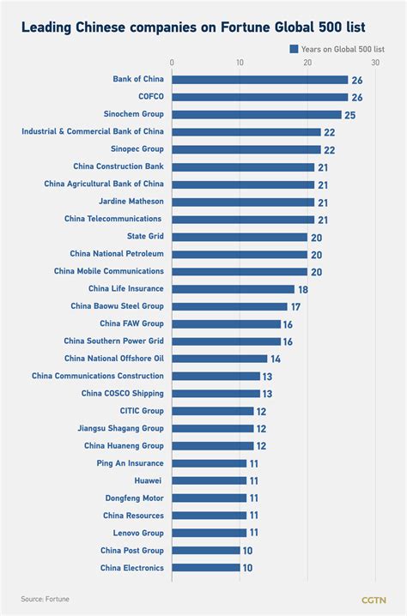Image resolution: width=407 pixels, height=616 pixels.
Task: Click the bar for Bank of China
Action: [x=260, y=80]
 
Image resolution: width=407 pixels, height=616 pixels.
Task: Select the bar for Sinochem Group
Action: [x=257, y=114]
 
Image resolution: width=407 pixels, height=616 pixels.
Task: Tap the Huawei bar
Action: [x=210, y=480]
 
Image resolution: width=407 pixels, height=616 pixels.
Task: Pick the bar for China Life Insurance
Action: [x=233, y=289]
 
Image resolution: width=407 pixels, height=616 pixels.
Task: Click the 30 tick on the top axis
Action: [x=375, y=63]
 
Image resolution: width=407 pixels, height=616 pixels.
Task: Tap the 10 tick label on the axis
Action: [x=240, y=63]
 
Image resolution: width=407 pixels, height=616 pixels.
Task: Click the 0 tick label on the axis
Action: [x=173, y=63]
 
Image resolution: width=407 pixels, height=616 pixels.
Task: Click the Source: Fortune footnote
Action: [x=46, y=598]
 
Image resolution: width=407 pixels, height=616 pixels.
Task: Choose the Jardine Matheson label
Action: [x=128, y=202]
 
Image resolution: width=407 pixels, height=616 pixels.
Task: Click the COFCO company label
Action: [x=150, y=97]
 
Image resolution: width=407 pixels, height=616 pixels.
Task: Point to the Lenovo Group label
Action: [x=132, y=533]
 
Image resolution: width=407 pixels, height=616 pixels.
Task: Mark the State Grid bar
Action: [x=240, y=237]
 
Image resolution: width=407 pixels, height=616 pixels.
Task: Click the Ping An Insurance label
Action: [x=130, y=463]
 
